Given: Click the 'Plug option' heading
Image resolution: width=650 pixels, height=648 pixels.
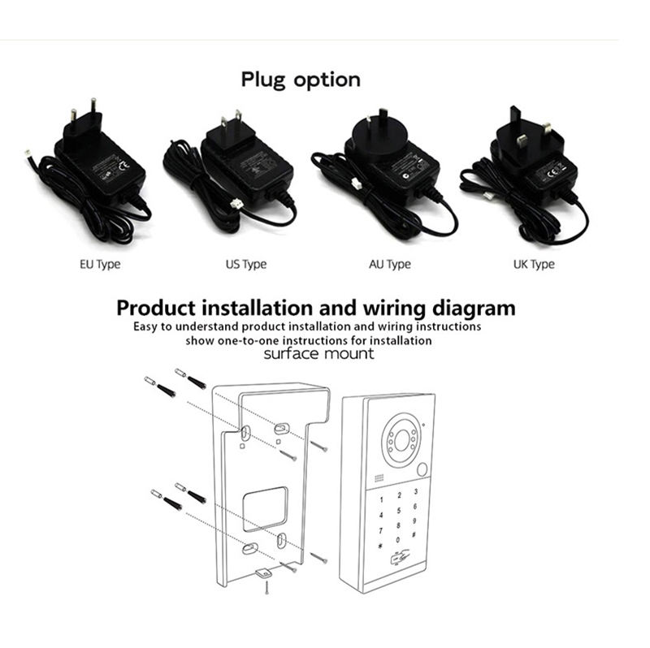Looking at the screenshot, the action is [x=301, y=80].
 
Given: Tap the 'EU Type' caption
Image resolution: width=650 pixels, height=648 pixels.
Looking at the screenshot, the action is [x=100, y=264].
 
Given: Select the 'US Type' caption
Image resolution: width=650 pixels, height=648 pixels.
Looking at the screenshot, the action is [x=245, y=264].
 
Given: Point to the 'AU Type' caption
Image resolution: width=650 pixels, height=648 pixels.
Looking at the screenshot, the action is [x=390, y=264].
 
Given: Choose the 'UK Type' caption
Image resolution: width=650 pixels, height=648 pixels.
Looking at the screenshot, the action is [x=534, y=264].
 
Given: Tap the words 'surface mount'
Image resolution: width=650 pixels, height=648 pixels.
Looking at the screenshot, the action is [x=319, y=354].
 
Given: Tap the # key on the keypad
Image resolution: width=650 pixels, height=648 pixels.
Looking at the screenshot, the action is [x=414, y=537].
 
